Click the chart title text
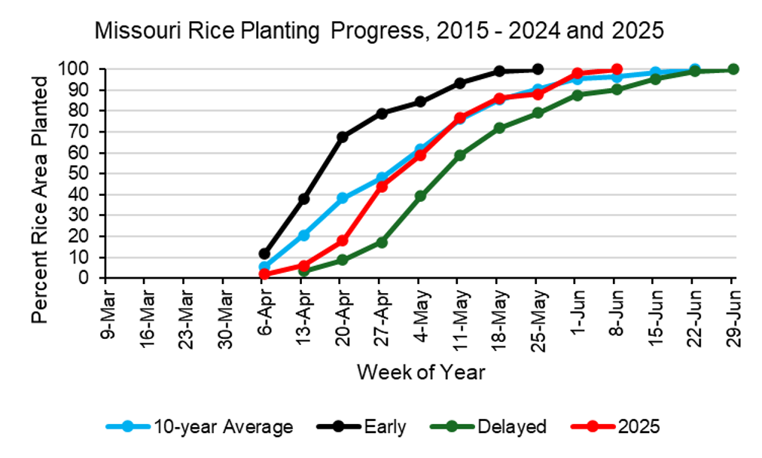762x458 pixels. pos(379,31)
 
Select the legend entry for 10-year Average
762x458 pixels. pos(200,426)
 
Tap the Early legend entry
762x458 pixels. pos(361,426)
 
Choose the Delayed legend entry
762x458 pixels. pos(489,426)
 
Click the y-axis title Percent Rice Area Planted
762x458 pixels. pos(40,200)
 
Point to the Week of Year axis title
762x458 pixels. pos(421,372)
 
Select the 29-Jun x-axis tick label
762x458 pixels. pos(734,317)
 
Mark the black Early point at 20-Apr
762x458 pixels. pos(342,136)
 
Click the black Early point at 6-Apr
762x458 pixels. pos(264,253)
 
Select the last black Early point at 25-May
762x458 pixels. pos(538,69)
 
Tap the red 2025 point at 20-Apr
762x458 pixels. pos(342,240)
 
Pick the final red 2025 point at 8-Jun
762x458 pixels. pos(616,69)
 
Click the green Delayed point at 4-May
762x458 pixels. pos(420,196)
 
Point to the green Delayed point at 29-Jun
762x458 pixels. pos(733,69)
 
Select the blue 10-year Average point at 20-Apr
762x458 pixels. pos(342,198)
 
